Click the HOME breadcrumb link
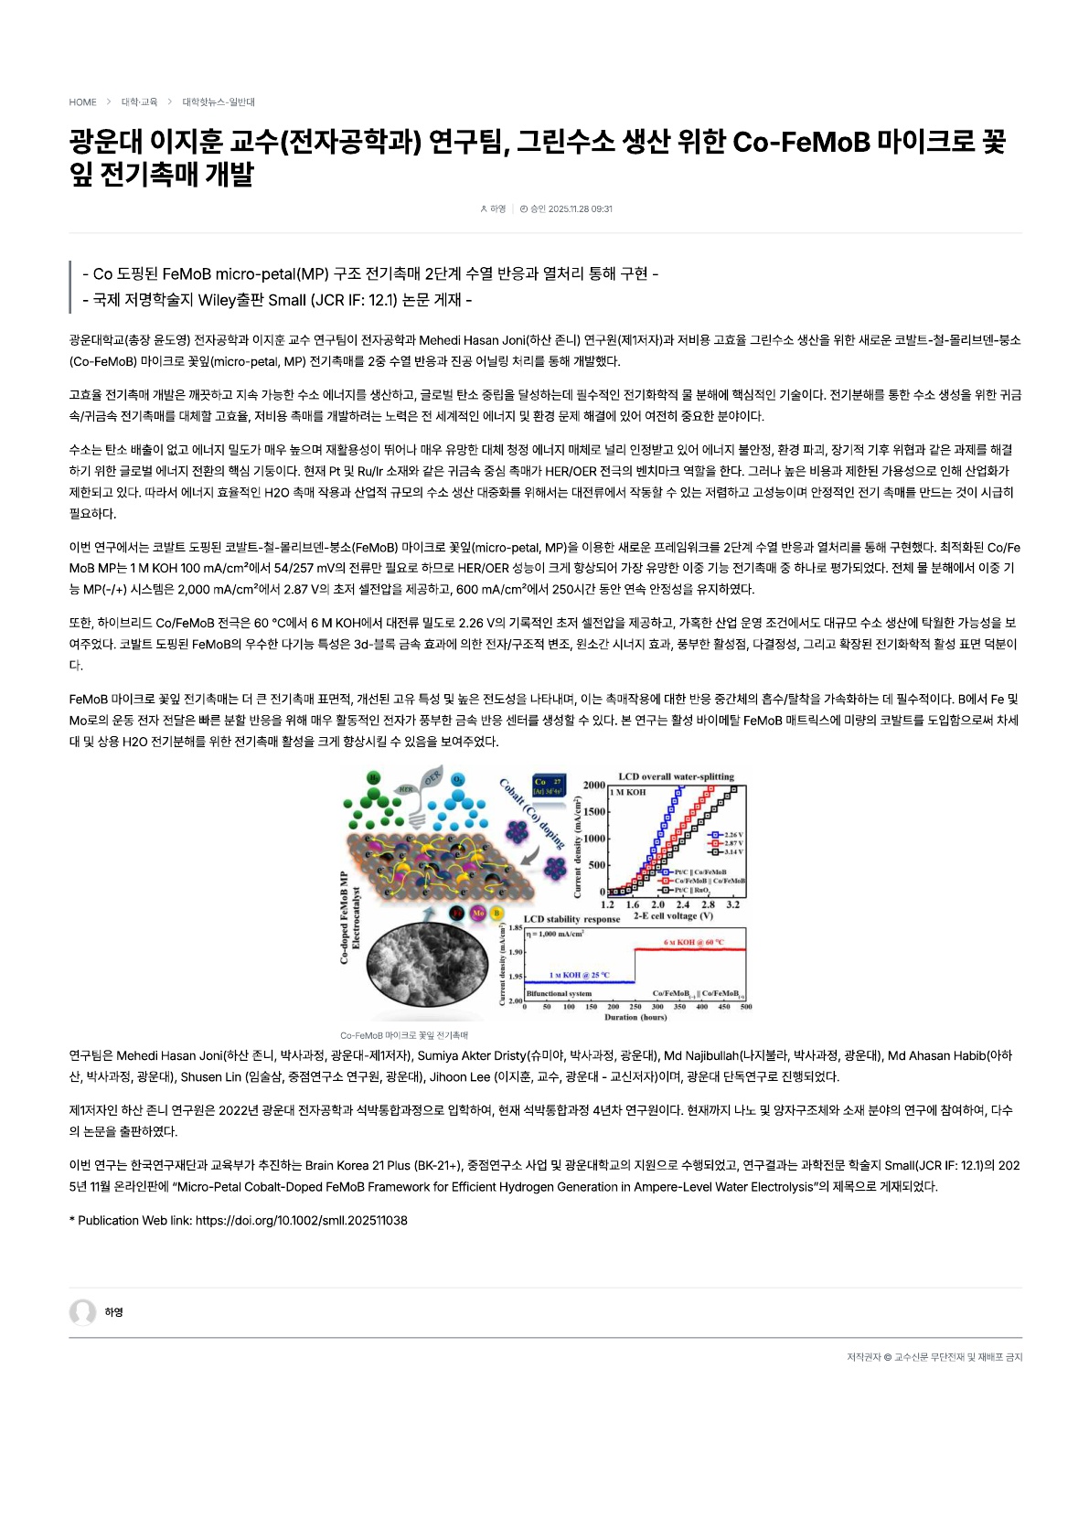coord(82,102)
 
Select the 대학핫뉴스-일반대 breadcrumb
coord(219,102)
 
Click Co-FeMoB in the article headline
coord(800,143)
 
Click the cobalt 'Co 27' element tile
coord(549,786)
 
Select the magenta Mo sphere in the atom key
coord(478,913)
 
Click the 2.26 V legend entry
coord(728,834)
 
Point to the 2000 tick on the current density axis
coord(594,786)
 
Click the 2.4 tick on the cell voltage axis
coord(683,904)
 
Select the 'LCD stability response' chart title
coord(571,919)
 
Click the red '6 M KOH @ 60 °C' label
coord(693,942)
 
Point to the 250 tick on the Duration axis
coord(635,1007)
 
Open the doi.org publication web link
coord(302,1221)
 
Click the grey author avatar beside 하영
coord(83,1312)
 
